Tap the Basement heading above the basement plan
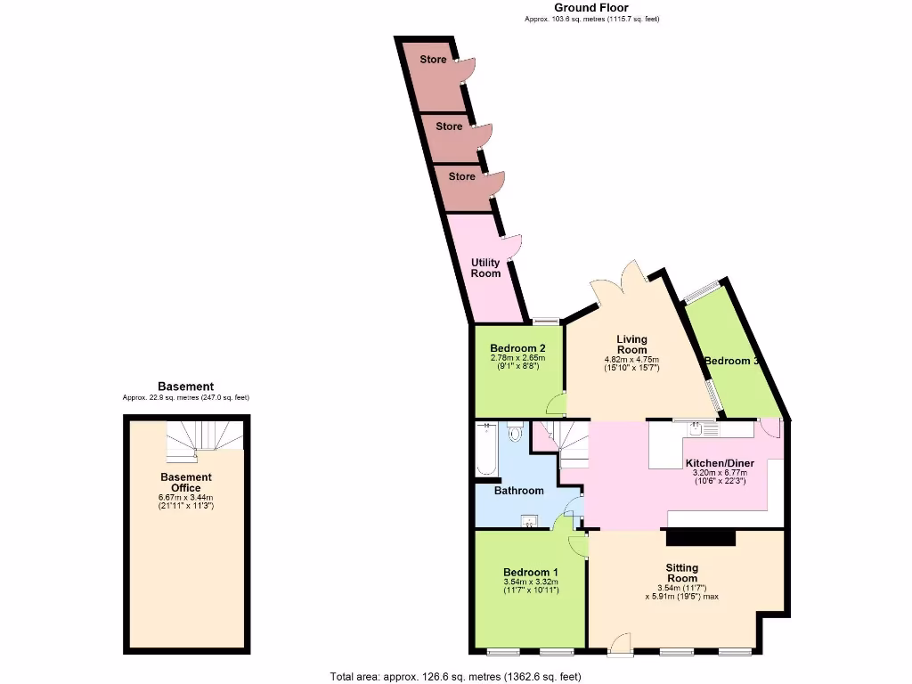pos(185,387)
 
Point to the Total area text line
pos(455,676)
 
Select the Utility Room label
pos(485,268)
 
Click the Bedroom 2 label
pos(517,348)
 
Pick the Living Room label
pos(632,345)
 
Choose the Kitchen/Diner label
pos(720,463)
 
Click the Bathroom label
pos(518,491)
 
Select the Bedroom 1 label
pos(531,572)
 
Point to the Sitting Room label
pos(682,573)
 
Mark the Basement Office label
pos(186,483)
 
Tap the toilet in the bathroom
pos(515,433)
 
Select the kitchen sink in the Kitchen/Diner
pos(696,429)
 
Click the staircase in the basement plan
pos(206,440)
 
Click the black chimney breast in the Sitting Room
pos(701,537)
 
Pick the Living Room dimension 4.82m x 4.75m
pos(632,359)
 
